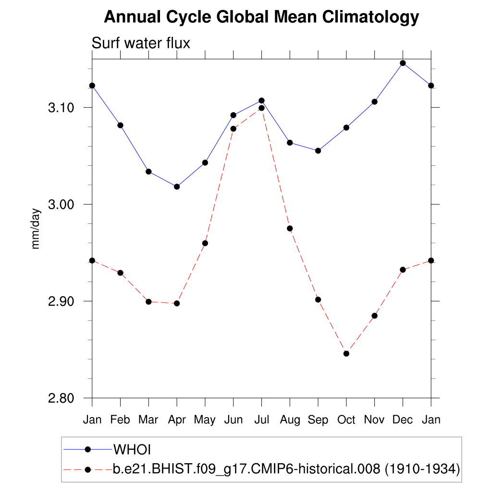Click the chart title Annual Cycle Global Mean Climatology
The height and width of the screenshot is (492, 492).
(261, 17)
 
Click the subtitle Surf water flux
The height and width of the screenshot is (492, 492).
(141, 43)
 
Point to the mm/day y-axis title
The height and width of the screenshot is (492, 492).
(36, 228)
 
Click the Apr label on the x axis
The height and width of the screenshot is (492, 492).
(177, 420)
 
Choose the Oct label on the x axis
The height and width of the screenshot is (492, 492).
(346, 420)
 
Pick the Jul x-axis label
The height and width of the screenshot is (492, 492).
(261, 420)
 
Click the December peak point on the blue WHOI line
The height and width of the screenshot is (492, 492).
(403, 63)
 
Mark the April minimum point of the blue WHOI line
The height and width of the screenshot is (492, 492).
(177, 186)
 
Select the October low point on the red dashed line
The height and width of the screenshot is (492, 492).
(346, 354)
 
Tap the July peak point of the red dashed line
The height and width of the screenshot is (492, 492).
(261, 108)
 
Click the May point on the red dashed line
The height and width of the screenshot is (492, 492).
(205, 243)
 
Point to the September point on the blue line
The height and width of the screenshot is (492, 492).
(318, 151)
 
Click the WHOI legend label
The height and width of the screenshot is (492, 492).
(132, 450)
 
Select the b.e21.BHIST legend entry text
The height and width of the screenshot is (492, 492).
(286, 468)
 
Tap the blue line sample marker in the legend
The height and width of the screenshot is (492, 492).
(87, 449)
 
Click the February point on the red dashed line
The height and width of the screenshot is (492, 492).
(120, 273)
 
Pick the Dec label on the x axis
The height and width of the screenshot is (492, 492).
(403, 420)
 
